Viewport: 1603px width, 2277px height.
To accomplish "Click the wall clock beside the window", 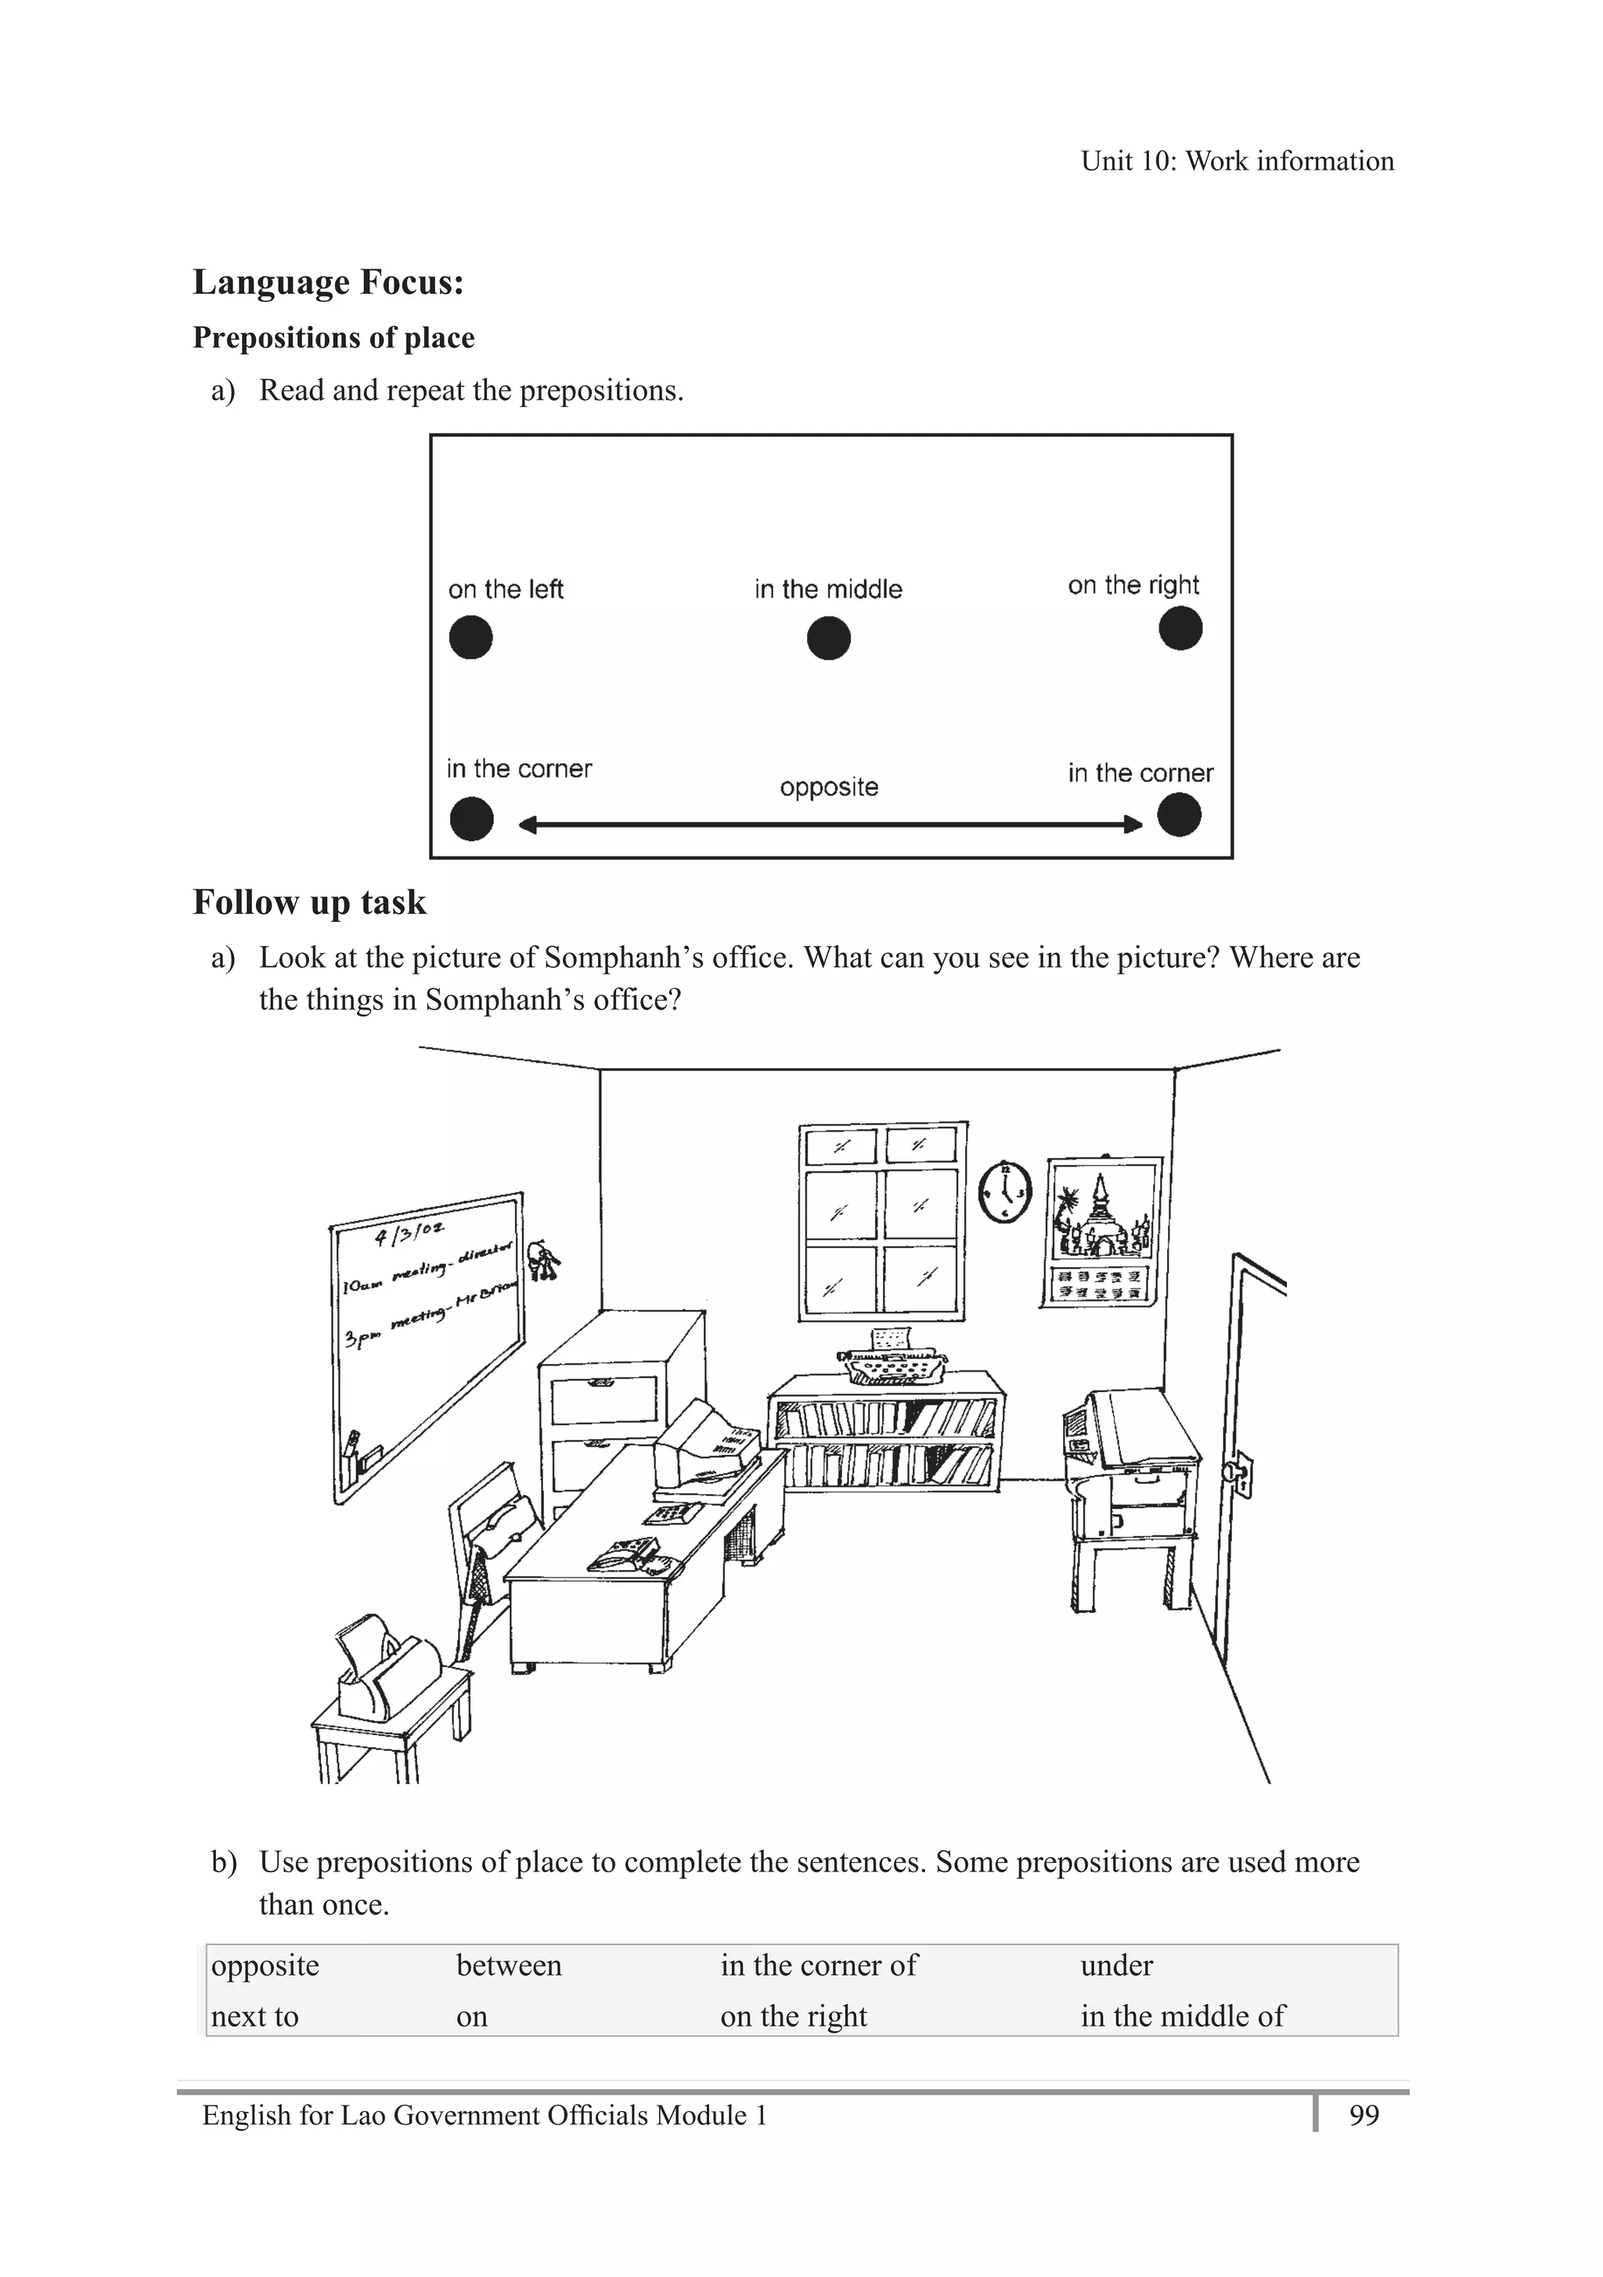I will point(1005,1191).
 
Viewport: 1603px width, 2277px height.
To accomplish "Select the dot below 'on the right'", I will point(1180,629).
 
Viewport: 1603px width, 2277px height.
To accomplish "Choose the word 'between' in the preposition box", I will point(509,1965).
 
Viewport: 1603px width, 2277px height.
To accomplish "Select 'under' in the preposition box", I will point(1116,1965).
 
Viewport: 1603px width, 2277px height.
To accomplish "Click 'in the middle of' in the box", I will point(1182,2016).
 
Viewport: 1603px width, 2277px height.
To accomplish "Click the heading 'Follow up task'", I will point(309,903).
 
